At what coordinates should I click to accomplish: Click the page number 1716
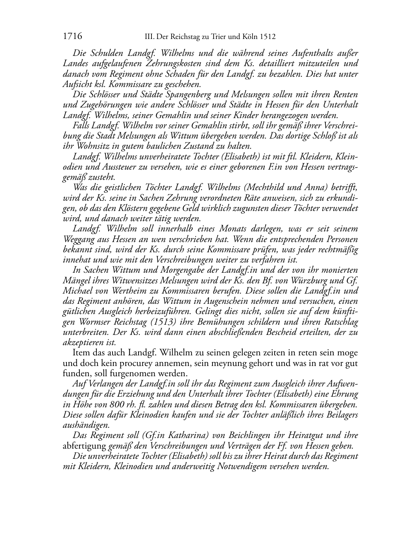(x=72, y=37)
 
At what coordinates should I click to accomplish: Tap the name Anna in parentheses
(x=309, y=188)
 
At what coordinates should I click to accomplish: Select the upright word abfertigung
(x=84, y=446)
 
